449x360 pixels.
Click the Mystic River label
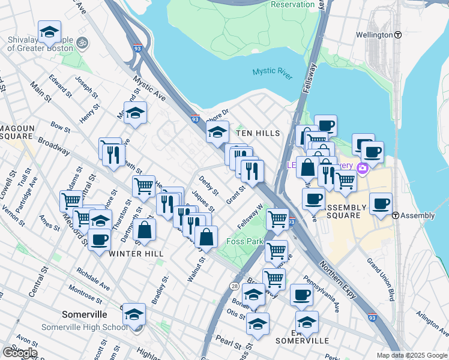click(x=273, y=71)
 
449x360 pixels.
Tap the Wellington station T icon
click(x=398, y=35)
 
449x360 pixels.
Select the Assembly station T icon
click(x=396, y=215)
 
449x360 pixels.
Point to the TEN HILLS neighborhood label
click(x=258, y=133)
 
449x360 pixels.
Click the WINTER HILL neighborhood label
click(x=136, y=254)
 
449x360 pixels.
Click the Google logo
click(x=19, y=353)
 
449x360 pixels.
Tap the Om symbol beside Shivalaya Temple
click(x=82, y=43)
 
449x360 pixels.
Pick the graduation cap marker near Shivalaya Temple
click(x=49, y=31)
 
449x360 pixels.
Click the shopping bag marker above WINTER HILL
click(x=145, y=230)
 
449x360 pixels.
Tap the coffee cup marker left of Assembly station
click(x=381, y=204)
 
